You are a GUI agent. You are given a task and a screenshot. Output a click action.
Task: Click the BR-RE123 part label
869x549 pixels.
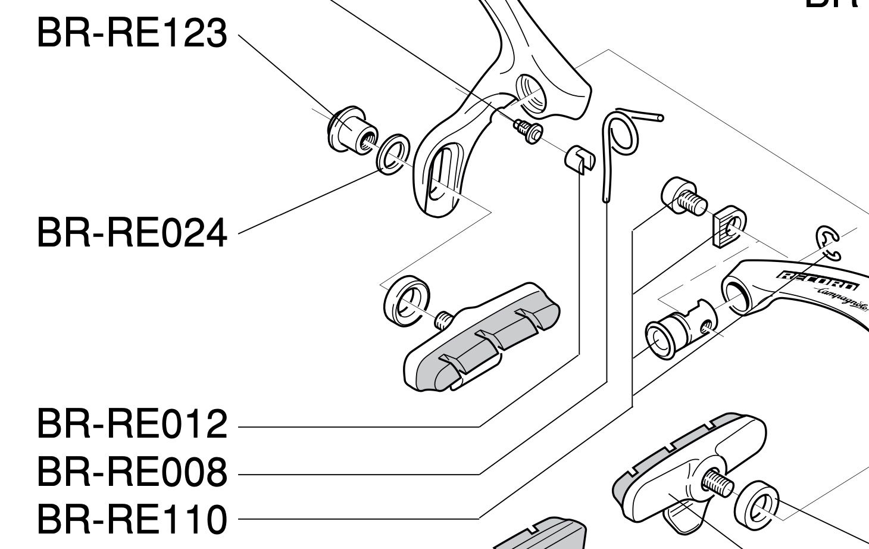(132, 33)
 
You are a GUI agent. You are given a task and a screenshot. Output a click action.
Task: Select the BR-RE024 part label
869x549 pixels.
(132, 232)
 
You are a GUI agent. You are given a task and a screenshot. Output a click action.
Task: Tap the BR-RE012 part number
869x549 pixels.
(132, 424)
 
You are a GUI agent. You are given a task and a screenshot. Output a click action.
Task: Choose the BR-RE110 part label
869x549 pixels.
(132, 518)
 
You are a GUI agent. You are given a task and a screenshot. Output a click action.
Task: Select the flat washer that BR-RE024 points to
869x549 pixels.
(392, 154)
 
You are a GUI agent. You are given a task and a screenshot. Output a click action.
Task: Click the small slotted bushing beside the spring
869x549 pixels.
(579, 158)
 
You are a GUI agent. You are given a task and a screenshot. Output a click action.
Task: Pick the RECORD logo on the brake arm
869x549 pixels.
(818, 279)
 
